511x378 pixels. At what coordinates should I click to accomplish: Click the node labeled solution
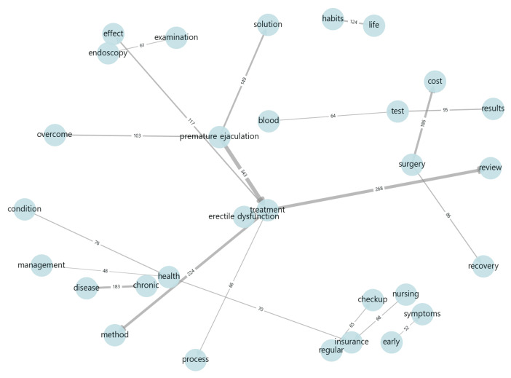[269, 25]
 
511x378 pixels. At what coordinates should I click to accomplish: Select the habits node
[333, 20]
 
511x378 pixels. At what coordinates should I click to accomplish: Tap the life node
[374, 25]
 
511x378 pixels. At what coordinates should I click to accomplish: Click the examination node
[176, 38]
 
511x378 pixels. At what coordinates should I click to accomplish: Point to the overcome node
[55, 135]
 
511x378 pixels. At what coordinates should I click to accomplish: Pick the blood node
[269, 120]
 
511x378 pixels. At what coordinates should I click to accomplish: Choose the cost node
[435, 81]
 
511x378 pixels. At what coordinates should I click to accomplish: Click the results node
[493, 109]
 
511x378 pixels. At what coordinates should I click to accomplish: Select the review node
[490, 168]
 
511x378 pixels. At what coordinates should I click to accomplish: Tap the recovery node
[483, 267]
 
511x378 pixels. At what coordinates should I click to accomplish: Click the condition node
[25, 210]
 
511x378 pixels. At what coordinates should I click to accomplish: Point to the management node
[41, 265]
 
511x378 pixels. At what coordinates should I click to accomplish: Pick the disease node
[87, 287]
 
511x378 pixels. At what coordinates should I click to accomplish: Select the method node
[115, 335]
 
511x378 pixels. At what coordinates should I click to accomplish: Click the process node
[196, 359]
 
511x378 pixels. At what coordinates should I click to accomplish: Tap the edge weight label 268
[379, 189]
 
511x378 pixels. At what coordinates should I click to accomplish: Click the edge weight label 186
[424, 125]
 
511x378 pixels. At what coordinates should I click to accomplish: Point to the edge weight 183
[116, 287]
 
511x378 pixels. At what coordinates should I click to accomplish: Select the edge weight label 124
[354, 23]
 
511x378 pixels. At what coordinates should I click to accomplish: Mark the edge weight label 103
[137, 136]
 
